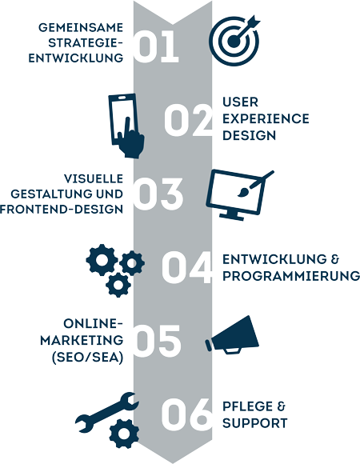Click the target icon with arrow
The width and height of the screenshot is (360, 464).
234,41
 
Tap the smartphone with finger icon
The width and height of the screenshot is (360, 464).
126,126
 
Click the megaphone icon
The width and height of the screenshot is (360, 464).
232,335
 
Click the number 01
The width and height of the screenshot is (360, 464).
156,46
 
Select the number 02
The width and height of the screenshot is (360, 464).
189,120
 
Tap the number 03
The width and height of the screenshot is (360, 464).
158,194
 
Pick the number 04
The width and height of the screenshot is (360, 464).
187,267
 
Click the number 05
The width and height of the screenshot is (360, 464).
157,341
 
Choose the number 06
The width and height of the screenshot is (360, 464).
187,414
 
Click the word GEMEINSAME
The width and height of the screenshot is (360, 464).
81,27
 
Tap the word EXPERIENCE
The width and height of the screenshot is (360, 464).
266,118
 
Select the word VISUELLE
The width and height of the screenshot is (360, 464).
94,178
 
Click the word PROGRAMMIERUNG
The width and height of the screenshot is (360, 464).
291,276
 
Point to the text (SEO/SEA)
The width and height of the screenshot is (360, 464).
87,358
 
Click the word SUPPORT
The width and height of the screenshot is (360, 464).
255,423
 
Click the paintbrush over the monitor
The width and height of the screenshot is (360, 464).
255,184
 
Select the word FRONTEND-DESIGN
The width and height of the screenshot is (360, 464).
62,210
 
